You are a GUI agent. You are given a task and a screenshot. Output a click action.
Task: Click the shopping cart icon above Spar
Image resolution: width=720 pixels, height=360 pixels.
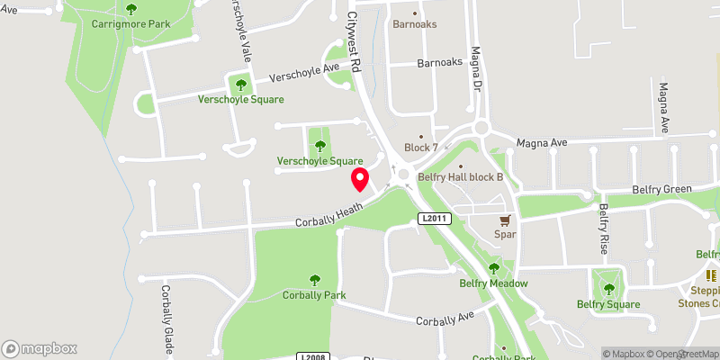505,219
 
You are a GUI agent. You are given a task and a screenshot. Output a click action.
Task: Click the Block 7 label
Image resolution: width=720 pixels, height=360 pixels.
420,148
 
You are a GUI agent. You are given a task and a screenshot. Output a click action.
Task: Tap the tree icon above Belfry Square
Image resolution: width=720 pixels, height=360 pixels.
608,289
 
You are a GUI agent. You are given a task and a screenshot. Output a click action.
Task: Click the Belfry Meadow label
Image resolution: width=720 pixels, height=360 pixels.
493,283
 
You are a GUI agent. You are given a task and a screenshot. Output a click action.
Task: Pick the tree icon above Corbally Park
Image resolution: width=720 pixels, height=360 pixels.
314,279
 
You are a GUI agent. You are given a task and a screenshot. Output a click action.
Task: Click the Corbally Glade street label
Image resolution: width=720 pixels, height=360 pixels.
167,319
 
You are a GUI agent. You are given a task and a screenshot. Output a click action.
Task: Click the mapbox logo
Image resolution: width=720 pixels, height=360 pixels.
40,348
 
